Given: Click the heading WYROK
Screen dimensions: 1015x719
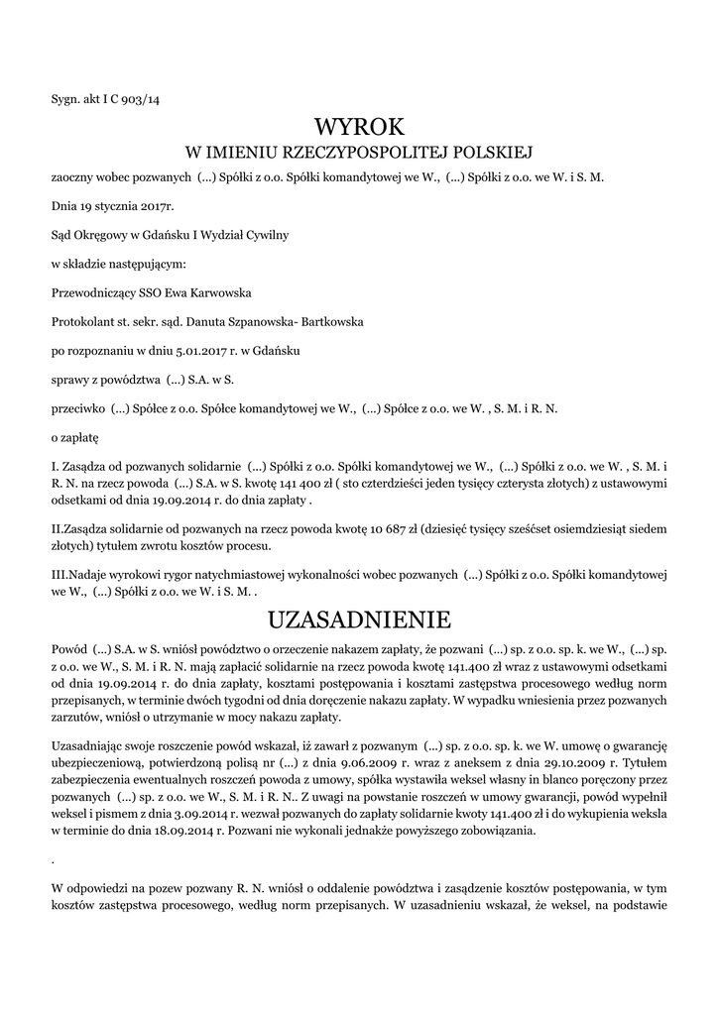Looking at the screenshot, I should tap(359, 127).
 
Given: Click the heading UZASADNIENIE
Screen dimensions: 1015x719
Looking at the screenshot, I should tap(359, 620).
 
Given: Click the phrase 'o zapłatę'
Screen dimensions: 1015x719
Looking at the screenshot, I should tap(75, 435).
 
